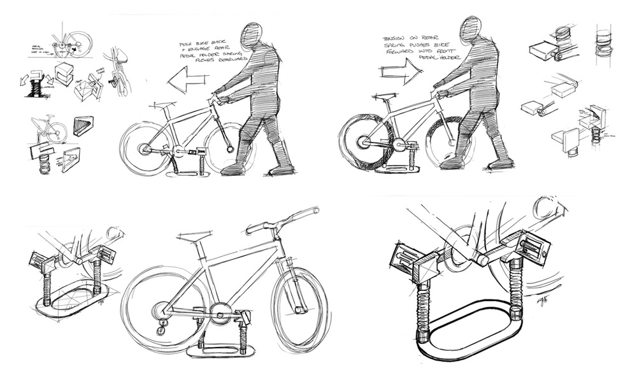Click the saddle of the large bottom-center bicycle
point(190,238)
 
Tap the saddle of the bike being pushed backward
point(164,104)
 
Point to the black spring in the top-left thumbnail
point(34,87)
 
